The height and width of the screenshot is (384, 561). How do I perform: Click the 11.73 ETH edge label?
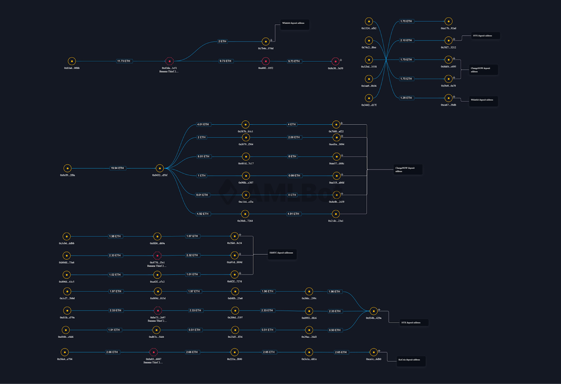(123, 61)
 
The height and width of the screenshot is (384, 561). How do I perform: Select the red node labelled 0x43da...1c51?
(169, 61)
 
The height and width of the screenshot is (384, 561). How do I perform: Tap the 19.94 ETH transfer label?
(117, 168)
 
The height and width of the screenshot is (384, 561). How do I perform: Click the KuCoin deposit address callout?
(410, 360)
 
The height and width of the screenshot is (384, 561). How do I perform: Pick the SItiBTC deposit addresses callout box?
(281, 253)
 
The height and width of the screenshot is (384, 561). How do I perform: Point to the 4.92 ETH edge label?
(203, 213)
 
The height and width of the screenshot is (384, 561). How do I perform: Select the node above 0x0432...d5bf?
(159, 168)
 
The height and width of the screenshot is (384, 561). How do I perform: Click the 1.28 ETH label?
(407, 98)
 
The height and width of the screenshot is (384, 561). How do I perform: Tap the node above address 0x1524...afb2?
(369, 21)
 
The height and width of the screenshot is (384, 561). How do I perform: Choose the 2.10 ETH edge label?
(407, 40)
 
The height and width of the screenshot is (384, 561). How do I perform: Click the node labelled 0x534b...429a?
(374, 311)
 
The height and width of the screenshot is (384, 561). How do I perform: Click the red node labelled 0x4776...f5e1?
(157, 255)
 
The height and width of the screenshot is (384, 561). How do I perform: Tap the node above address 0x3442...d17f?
(369, 98)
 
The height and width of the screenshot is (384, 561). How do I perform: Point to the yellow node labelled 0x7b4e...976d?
(266, 41)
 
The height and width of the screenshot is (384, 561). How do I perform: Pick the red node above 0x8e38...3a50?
(335, 61)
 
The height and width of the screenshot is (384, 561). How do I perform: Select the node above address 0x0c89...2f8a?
(67, 168)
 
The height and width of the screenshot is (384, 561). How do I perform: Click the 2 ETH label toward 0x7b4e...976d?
(222, 41)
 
